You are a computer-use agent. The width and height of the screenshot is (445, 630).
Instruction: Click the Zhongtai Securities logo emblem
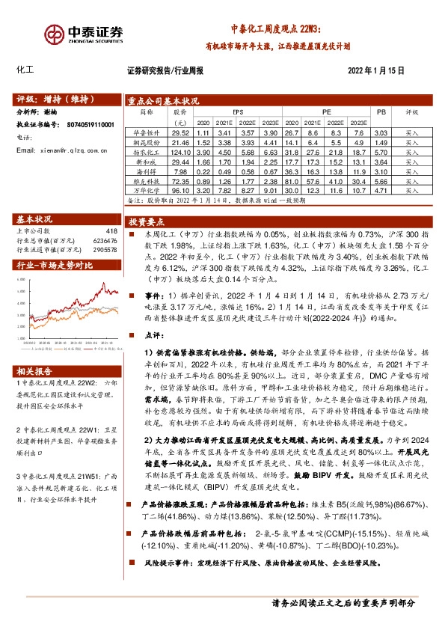point(53,35)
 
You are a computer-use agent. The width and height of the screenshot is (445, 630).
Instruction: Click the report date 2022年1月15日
point(376,71)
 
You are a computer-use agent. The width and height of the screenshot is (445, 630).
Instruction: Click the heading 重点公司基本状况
point(162,100)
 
